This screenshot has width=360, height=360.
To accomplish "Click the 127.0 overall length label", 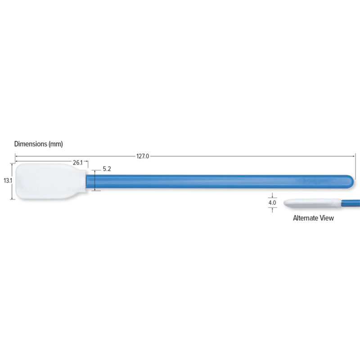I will click(143, 157).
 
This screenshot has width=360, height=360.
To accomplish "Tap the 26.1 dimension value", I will click(78, 162).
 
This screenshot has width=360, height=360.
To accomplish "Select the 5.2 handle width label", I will click(107, 169).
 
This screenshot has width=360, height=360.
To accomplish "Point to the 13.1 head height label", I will click(7, 180).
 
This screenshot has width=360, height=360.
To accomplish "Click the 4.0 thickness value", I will click(272, 203).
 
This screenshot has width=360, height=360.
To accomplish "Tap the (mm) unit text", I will click(55, 144).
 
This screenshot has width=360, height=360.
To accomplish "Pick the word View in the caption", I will click(327, 218).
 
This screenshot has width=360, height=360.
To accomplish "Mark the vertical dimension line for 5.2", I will click(95, 180).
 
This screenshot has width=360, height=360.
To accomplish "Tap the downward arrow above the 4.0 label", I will click(272, 196).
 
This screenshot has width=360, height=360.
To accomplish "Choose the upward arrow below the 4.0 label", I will click(272, 210).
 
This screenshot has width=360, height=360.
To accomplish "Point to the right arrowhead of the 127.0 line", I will click(354, 156).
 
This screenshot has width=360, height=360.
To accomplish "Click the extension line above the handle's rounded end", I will click(355, 166).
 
